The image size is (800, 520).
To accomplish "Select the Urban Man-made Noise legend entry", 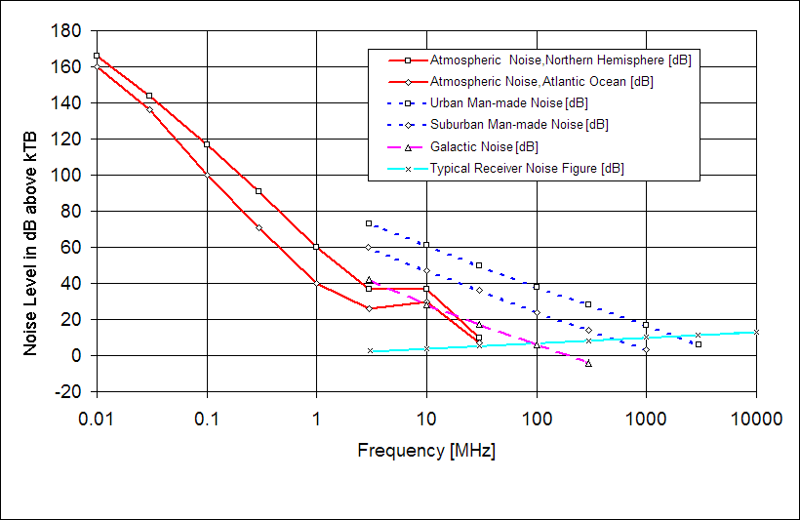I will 508,102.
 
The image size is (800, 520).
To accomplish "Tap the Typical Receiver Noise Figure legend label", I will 527,168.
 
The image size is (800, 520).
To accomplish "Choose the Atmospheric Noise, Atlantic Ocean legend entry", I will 541,81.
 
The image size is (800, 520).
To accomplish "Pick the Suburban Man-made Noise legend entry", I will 519,124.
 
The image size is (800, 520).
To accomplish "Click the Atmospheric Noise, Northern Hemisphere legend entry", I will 560,60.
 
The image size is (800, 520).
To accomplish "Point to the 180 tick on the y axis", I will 65,30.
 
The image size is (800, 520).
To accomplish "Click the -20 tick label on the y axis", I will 65,391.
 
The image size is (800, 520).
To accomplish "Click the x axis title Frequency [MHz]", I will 426,451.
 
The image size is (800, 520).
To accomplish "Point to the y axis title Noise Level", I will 32,212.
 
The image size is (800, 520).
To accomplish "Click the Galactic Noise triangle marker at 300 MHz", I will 588,363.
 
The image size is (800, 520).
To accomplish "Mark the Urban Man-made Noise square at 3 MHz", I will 369,223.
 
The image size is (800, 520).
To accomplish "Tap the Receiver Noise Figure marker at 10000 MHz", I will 756,332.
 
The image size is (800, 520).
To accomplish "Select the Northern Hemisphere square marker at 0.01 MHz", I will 97,56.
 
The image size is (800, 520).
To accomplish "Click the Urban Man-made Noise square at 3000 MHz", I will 699,344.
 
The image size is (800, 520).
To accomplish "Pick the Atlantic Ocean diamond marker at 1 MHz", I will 316,283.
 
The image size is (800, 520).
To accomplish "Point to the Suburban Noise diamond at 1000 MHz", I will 646,349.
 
